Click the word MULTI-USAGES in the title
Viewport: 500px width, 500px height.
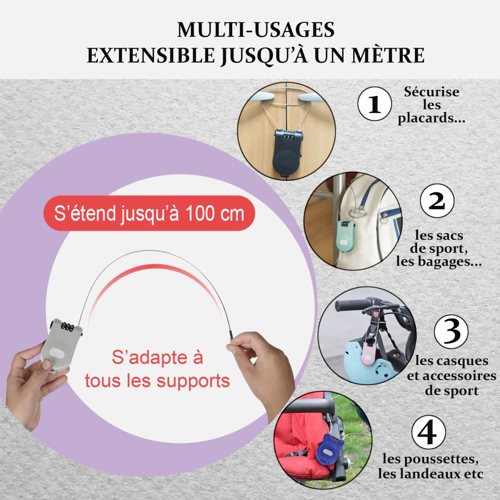click(255, 30)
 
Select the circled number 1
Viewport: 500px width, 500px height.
click(375, 104)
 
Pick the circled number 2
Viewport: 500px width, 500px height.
click(437, 201)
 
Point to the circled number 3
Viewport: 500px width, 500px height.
click(451, 332)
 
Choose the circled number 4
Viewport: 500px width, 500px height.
click(428, 432)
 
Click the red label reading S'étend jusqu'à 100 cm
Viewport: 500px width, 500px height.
click(149, 213)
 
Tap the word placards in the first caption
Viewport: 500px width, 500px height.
click(424, 118)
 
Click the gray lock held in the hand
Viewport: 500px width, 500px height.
click(61, 345)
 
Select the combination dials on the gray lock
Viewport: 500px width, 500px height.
click(67, 326)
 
